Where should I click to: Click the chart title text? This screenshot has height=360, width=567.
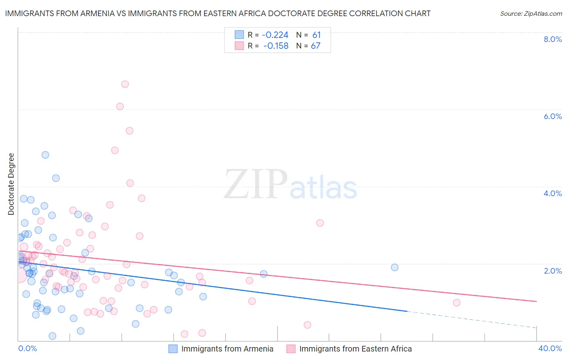[218, 13]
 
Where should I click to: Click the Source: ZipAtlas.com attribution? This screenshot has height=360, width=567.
[531, 13]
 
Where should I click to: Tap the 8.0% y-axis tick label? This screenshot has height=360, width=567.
[552, 39]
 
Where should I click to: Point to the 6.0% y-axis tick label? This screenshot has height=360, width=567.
[552, 116]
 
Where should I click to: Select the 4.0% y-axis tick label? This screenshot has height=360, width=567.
[552, 193]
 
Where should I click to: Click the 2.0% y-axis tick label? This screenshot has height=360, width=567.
[552, 271]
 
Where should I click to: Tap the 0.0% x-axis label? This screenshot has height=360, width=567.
[27, 348]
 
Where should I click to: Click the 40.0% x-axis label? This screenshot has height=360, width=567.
[550, 348]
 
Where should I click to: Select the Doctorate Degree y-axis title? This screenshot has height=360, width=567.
[11, 184]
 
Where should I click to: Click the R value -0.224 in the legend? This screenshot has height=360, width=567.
[275, 35]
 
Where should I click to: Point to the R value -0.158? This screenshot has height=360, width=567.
[276, 46]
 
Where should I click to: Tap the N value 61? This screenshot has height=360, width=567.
[316, 35]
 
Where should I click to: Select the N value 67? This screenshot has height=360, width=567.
[315, 46]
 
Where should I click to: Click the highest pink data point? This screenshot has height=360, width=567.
[125, 84]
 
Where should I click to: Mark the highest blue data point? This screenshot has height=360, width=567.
[45, 155]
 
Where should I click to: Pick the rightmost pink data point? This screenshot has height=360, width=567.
[457, 303]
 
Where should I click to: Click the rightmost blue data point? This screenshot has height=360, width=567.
[394, 267]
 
